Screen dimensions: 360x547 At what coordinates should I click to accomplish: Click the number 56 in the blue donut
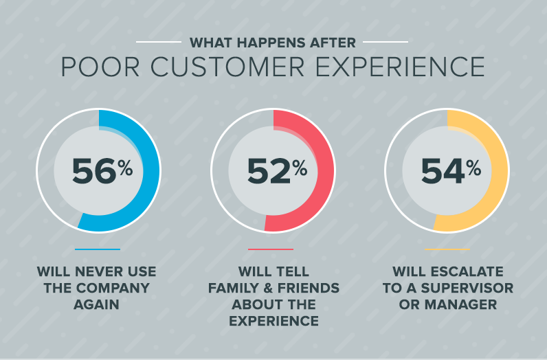click(x=93, y=172)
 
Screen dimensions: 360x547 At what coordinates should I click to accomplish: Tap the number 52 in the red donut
click(x=269, y=172)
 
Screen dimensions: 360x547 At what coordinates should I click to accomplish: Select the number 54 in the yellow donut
click(x=443, y=172)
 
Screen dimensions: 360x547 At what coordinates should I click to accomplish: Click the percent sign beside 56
click(x=125, y=167)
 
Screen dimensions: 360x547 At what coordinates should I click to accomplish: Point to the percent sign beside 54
click(x=473, y=167)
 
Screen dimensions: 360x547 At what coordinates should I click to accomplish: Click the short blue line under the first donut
click(x=98, y=249)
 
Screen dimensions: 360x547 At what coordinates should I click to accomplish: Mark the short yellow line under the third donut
click(x=447, y=249)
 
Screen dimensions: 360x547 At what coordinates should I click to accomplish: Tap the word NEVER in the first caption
click(x=98, y=271)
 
